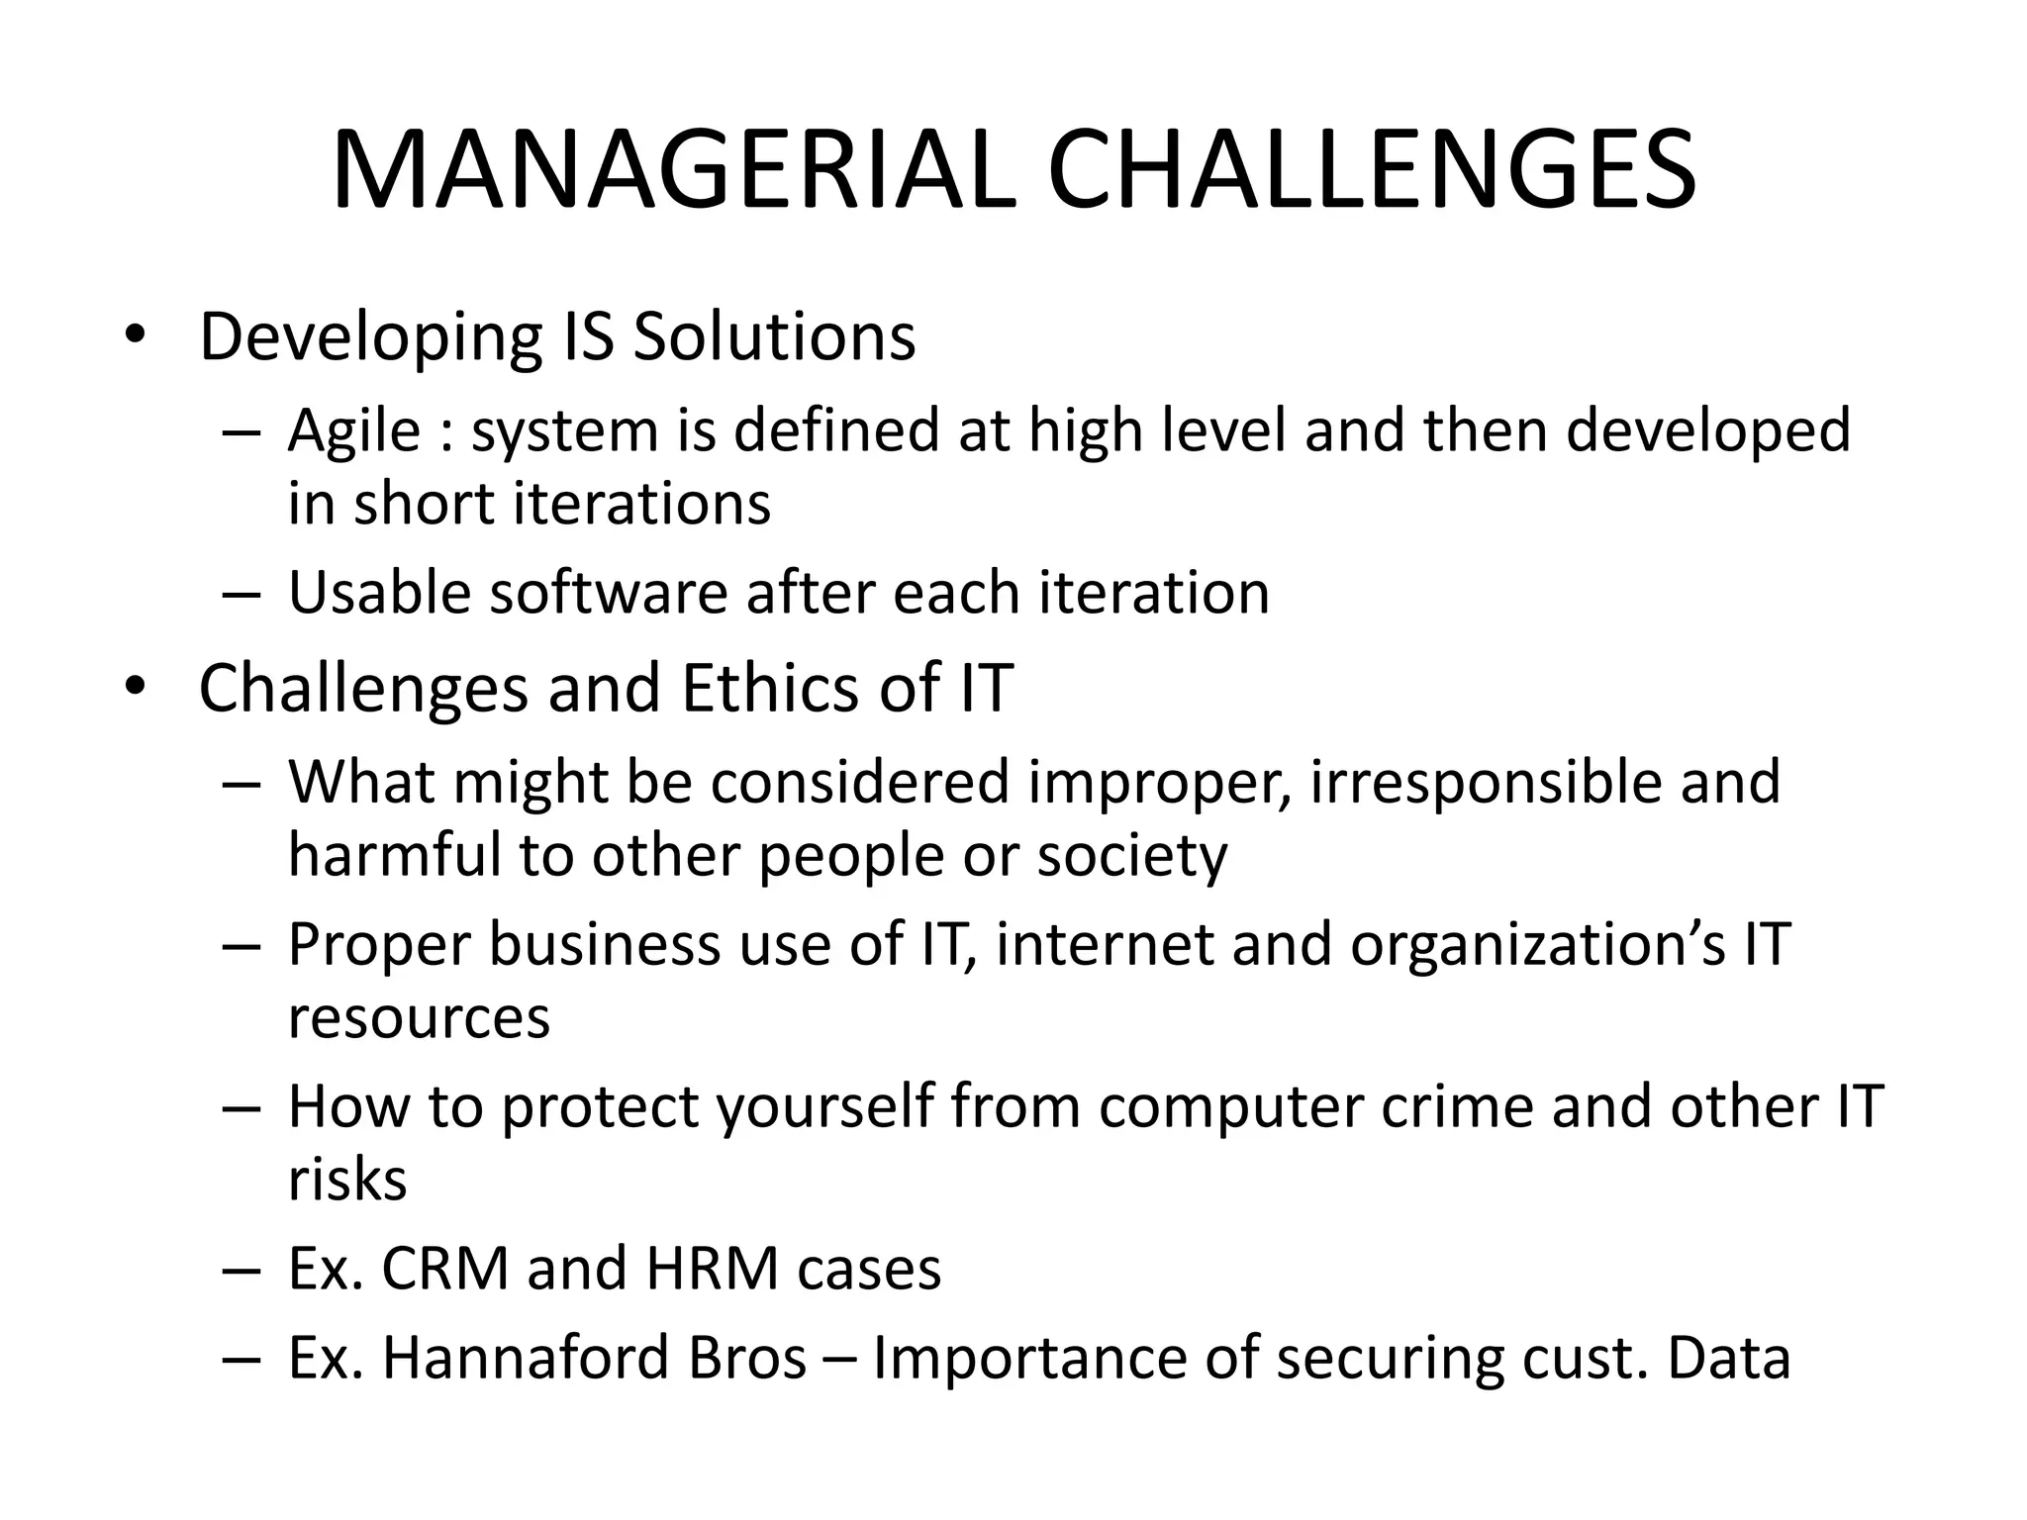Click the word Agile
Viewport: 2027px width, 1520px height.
353,431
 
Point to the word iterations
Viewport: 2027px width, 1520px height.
641,503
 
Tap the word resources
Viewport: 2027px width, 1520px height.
419,1018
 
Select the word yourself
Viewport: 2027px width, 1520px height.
825,1107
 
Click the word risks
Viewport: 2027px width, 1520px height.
346,1180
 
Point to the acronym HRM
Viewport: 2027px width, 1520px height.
712,1269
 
